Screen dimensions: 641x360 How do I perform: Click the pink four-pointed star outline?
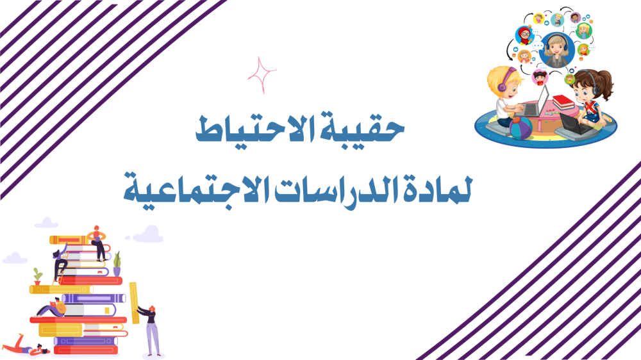[x=262, y=75]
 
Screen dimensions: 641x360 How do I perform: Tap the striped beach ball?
[x=520, y=127]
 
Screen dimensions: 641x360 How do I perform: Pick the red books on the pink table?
[x=563, y=102]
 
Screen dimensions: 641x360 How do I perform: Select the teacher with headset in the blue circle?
[x=556, y=50]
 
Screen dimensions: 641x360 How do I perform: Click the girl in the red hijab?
[x=524, y=35]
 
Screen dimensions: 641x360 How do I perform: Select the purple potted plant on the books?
[x=117, y=264]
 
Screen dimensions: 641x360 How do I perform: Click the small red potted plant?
[x=38, y=277]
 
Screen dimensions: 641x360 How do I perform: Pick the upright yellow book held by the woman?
[x=134, y=303]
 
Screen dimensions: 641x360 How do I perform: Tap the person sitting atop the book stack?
[x=97, y=243]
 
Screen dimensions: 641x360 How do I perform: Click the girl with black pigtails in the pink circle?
[x=540, y=78]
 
